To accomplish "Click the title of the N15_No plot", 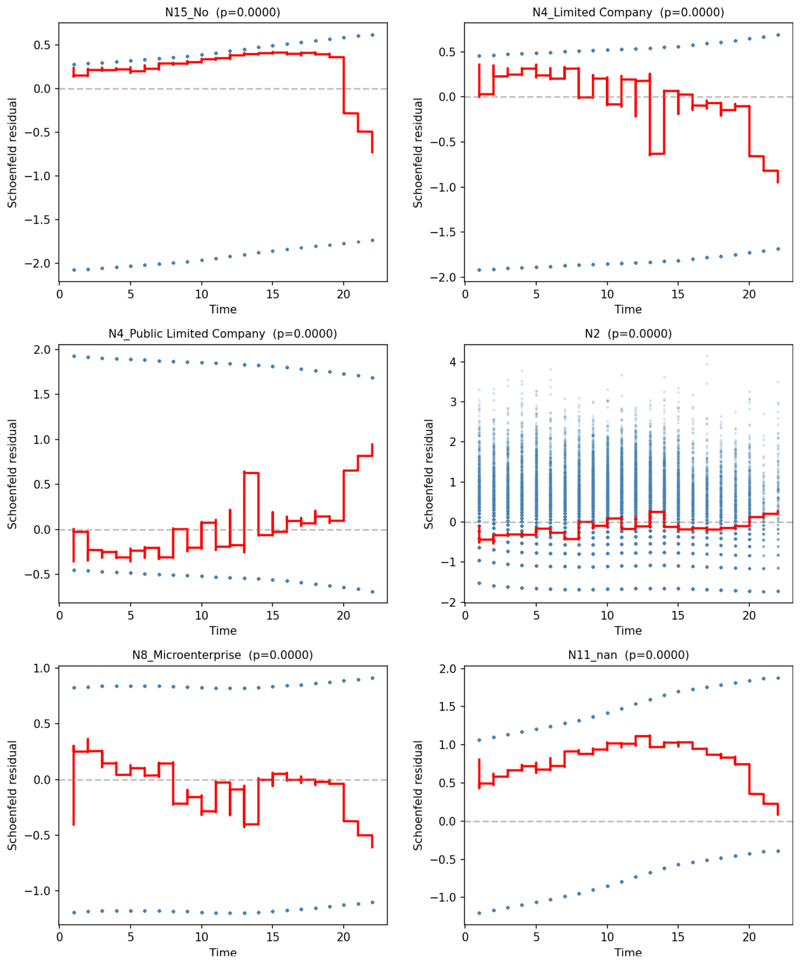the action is [223, 12].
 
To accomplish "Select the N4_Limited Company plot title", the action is [628, 12].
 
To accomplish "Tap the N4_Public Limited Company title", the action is [223, 334].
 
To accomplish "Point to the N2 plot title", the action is [628, 334].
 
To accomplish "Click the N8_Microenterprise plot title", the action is [223, 655].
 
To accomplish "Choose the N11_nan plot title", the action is [628, 655].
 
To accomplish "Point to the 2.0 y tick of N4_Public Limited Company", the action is [42, 350].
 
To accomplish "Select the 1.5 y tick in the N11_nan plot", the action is [448, 706].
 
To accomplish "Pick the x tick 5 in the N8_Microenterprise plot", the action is [130, 937].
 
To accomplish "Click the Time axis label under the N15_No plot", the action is [223, 309].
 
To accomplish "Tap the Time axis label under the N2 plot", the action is [628, 631].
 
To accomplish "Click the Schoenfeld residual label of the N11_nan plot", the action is [417, 795].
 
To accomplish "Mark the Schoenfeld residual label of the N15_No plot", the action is [12, 153].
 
